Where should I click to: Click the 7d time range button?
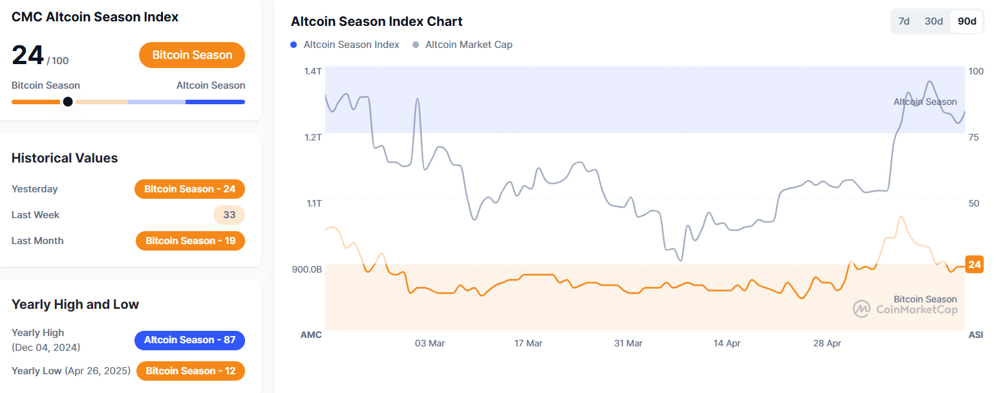point(904,21)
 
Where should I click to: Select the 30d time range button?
point(934,21)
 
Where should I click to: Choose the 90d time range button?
point(967,21)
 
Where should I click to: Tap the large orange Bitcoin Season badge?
point(192,55)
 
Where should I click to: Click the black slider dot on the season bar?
point(68,102)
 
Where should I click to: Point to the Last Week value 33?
point(229,215)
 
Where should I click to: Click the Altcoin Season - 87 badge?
point(189,340)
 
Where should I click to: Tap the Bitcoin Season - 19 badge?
point(190,241)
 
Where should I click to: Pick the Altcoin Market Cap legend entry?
point(463,45)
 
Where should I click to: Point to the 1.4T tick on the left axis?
point(313,71)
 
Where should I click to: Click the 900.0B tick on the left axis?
point(308,269)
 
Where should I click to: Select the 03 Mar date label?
point(429,343)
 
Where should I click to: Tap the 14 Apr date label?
point(727,343)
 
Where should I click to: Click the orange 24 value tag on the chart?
point(974,264)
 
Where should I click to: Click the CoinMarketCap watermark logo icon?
point(861,309)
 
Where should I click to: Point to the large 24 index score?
point(28,56)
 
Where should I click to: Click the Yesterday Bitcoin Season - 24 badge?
point(189,189)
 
